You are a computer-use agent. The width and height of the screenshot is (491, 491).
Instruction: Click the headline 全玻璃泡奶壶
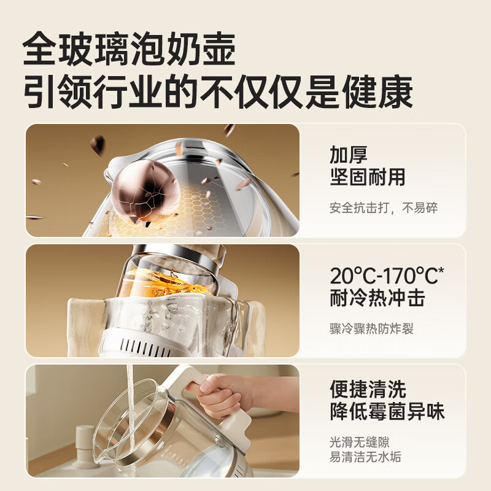pos(129,49)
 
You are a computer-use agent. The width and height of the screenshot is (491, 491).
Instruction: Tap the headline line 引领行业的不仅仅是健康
pos(218,91)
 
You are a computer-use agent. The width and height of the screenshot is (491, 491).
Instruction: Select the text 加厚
pos(349,155)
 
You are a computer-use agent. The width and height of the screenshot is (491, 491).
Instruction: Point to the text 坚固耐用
pos(368,177)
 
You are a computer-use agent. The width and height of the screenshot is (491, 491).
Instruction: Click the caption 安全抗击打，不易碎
pos(383,207)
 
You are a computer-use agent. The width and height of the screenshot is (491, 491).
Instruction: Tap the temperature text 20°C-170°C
pos(387,275)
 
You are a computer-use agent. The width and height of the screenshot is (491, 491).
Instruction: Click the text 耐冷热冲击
pos(377,298)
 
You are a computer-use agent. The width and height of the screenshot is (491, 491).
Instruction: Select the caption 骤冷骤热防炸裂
pos(371,328)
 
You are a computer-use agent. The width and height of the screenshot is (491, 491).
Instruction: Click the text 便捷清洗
pos(368,389)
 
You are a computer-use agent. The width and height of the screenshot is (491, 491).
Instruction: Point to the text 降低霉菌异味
pos(387,411)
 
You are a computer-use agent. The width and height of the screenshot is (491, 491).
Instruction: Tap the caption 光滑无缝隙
pos(360,443)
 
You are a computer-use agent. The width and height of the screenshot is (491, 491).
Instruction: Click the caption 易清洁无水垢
pos(365,457)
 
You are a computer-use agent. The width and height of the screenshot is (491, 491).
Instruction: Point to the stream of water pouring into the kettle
pos(131,417)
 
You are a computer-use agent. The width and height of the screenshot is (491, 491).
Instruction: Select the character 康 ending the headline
pos(395,91)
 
